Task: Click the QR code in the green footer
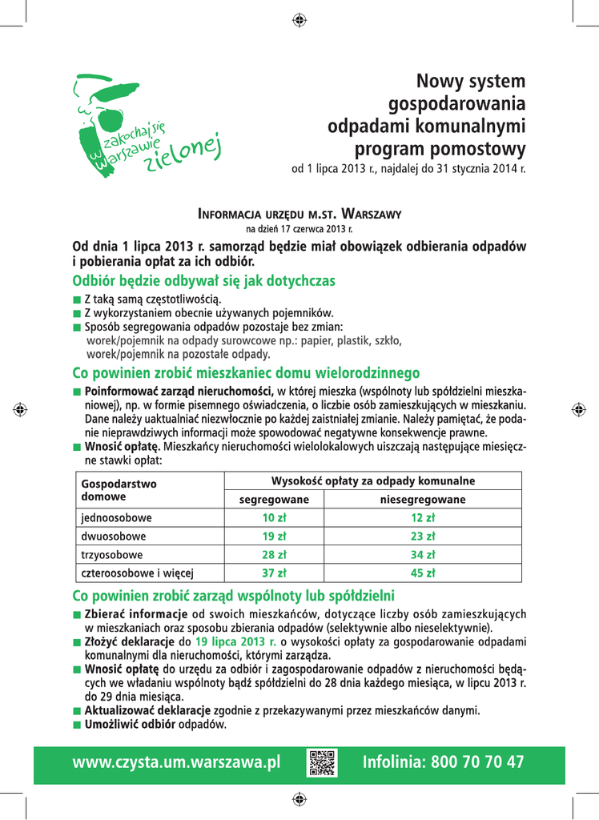click(321, 762)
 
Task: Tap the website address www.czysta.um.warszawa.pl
click(176, 762)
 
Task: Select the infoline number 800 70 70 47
click(443, 762)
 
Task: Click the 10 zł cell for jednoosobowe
click(274, 518)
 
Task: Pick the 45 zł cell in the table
click(422, 573)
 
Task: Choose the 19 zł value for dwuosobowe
click(274, 537)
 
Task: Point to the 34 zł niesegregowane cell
click(422, 555)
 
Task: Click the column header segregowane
click(274, 500)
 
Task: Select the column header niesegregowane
click(422, 500)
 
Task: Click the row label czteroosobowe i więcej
click(137, 573)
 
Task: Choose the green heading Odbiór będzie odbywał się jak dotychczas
click(203, 281)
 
